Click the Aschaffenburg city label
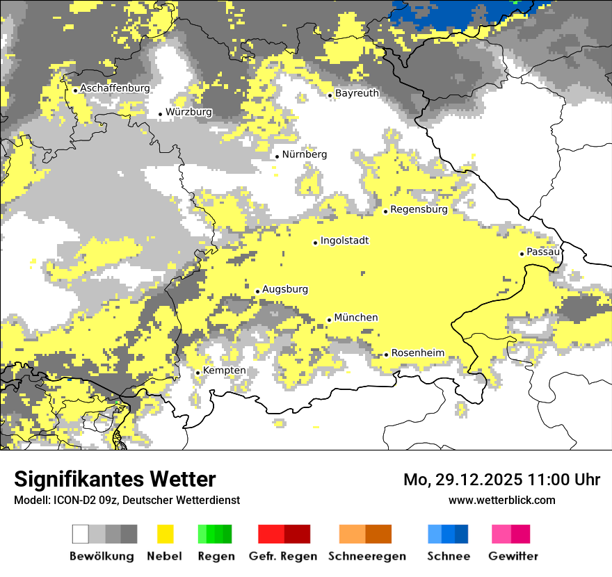(115, 88)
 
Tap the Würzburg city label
(188, 112)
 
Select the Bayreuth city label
(357, 93)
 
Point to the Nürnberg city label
(304, 154)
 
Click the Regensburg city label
(419, 209)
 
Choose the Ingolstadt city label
(344, 241)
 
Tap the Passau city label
(543, 252)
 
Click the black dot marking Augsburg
(257, 291)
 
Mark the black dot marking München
(330, 320)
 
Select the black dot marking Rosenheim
(386, 355)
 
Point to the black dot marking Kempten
(198, 373)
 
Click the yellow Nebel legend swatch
(165, 534)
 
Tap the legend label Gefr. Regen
(282, 556)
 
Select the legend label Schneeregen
(367, 556)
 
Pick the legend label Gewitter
(513, 556)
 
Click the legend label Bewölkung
(102, 556)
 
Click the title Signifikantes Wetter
(115, 480)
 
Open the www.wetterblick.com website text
(502, 500)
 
